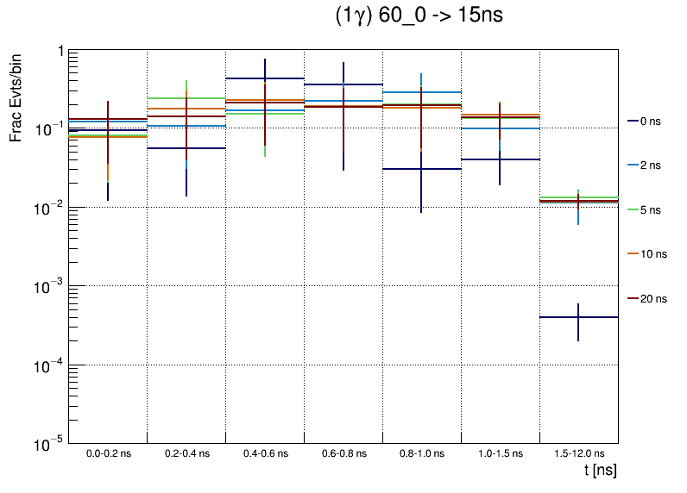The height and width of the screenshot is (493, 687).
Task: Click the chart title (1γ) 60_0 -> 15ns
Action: (x=419, y=17)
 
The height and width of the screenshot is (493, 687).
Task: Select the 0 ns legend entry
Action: (x=649, y=122)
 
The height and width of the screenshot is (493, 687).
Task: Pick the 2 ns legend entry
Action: (x=649, y=164)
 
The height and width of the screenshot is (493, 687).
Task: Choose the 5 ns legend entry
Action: (x=649, y=209)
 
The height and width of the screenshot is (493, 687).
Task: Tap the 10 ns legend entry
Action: (x=652, y=254)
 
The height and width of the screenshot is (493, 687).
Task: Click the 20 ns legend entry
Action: (x=652, y=299)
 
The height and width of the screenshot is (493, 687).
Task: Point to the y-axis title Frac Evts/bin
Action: (x=17, y=97)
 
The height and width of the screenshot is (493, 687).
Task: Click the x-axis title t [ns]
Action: (x=600, y=471)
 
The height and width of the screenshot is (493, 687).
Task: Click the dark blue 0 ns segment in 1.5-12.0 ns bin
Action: (x=561, y=317)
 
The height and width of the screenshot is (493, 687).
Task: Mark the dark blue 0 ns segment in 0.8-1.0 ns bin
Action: (x=406, y=169)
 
